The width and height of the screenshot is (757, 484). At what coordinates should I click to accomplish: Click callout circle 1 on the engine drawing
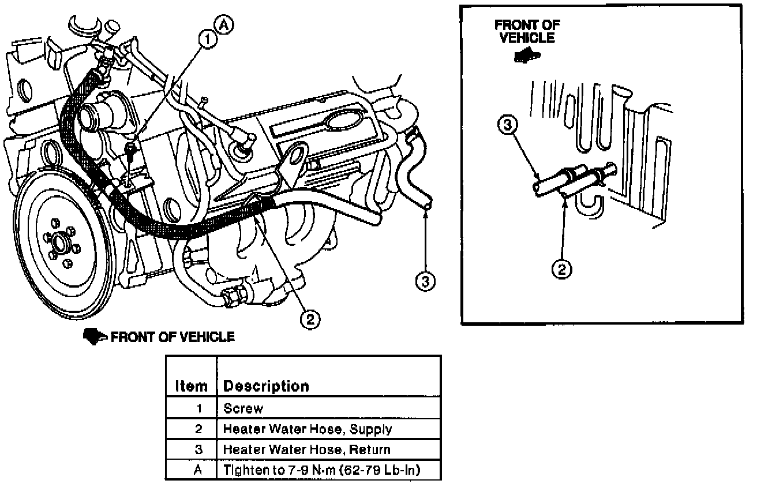207,39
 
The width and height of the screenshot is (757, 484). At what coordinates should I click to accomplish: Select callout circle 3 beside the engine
425,281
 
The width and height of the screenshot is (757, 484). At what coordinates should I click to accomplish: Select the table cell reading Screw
328,409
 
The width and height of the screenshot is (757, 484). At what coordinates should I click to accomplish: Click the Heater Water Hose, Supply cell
328,429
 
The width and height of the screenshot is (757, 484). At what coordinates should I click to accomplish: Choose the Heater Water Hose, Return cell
328,449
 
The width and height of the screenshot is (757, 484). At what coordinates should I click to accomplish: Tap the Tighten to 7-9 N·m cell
328,470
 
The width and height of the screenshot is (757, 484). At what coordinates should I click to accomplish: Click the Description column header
266,386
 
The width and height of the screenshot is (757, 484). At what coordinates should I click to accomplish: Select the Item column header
191,386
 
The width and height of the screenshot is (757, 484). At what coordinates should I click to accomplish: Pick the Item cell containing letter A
198,470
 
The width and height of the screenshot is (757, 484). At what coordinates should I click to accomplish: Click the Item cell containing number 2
198,429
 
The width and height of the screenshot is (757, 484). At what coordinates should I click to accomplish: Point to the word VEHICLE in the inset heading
527,38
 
